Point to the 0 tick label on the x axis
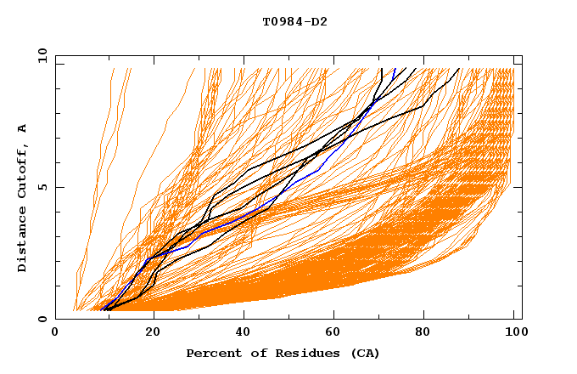point(55,335)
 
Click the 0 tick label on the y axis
point(42,320)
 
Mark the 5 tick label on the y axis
point(42,187)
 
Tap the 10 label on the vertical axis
point(39,55)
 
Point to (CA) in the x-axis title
point(365,353)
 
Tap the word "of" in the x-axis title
point(252,353)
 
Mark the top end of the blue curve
point(395,69)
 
